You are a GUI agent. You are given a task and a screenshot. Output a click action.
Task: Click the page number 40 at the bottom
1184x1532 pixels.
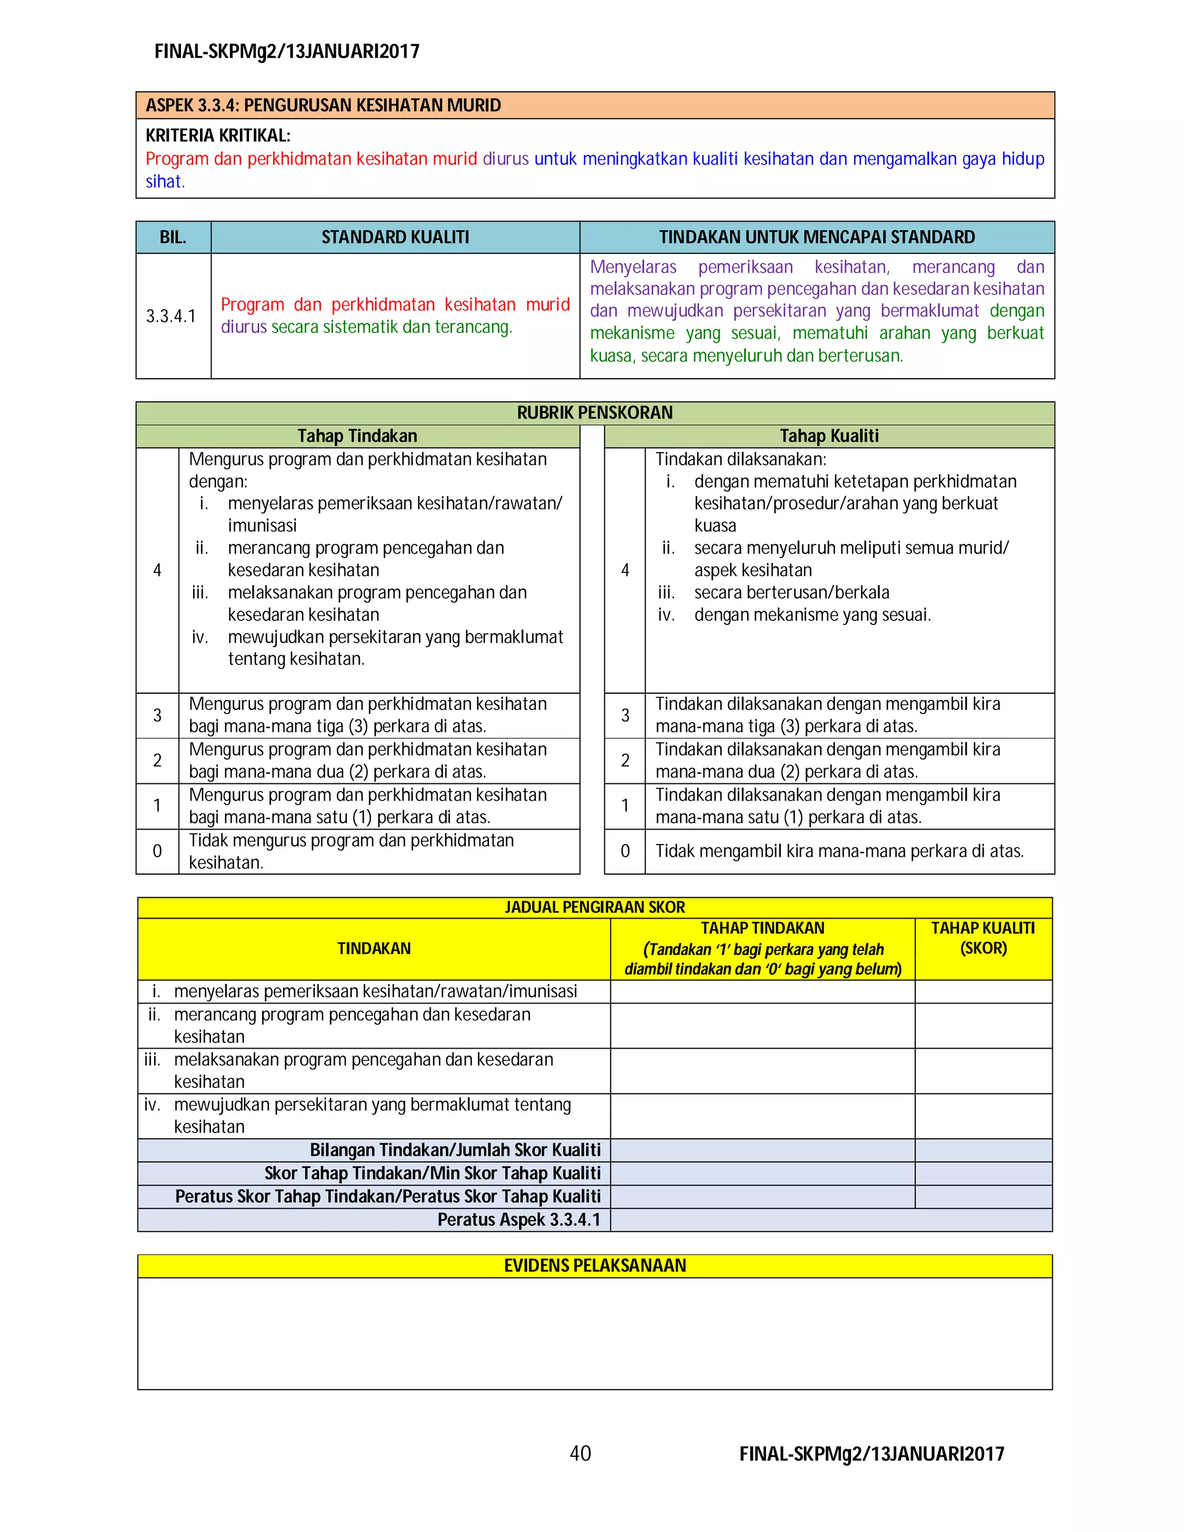coord(580,1453)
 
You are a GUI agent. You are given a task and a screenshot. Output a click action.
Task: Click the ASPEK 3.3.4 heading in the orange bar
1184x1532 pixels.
coord(323,105)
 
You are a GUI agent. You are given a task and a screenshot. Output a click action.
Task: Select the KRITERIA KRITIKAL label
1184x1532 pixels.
coord(218,135)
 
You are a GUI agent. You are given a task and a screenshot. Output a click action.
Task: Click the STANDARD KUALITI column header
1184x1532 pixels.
coord(395,237)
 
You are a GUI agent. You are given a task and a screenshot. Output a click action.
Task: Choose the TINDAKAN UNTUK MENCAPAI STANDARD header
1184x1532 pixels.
coord(816,237)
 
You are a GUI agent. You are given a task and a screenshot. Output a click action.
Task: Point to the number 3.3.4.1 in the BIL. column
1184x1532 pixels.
coord(171,316)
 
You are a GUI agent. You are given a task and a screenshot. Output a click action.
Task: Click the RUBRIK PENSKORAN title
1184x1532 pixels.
coord(595,412)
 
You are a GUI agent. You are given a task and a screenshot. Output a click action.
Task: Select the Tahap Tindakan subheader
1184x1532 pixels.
coord(357,436)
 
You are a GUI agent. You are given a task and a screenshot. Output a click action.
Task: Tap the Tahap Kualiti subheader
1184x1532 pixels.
coord(829,436)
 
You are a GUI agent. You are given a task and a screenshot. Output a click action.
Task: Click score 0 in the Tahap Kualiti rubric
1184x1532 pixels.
coord(625,851)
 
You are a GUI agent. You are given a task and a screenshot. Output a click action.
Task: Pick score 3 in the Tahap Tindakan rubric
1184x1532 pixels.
coord(157,715)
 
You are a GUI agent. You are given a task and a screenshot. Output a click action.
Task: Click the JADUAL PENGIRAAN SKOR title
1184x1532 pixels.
coord(595,907)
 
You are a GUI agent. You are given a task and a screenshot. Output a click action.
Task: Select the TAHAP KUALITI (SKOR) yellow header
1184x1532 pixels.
coord(983,938)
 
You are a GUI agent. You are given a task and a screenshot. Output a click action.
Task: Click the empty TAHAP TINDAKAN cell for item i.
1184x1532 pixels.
coord(762,991)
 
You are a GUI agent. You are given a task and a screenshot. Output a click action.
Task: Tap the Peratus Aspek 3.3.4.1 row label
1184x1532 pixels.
coord(519,1219)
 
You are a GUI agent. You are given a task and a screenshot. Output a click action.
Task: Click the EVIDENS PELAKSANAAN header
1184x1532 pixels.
coord(595,1265)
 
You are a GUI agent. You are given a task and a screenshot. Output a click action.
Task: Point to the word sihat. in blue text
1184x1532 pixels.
coord(165,182)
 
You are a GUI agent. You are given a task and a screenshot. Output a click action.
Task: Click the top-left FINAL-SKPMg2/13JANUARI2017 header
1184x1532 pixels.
coord(287,51)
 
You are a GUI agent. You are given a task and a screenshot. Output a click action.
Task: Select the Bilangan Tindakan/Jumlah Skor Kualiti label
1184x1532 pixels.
coord(454,1150)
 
